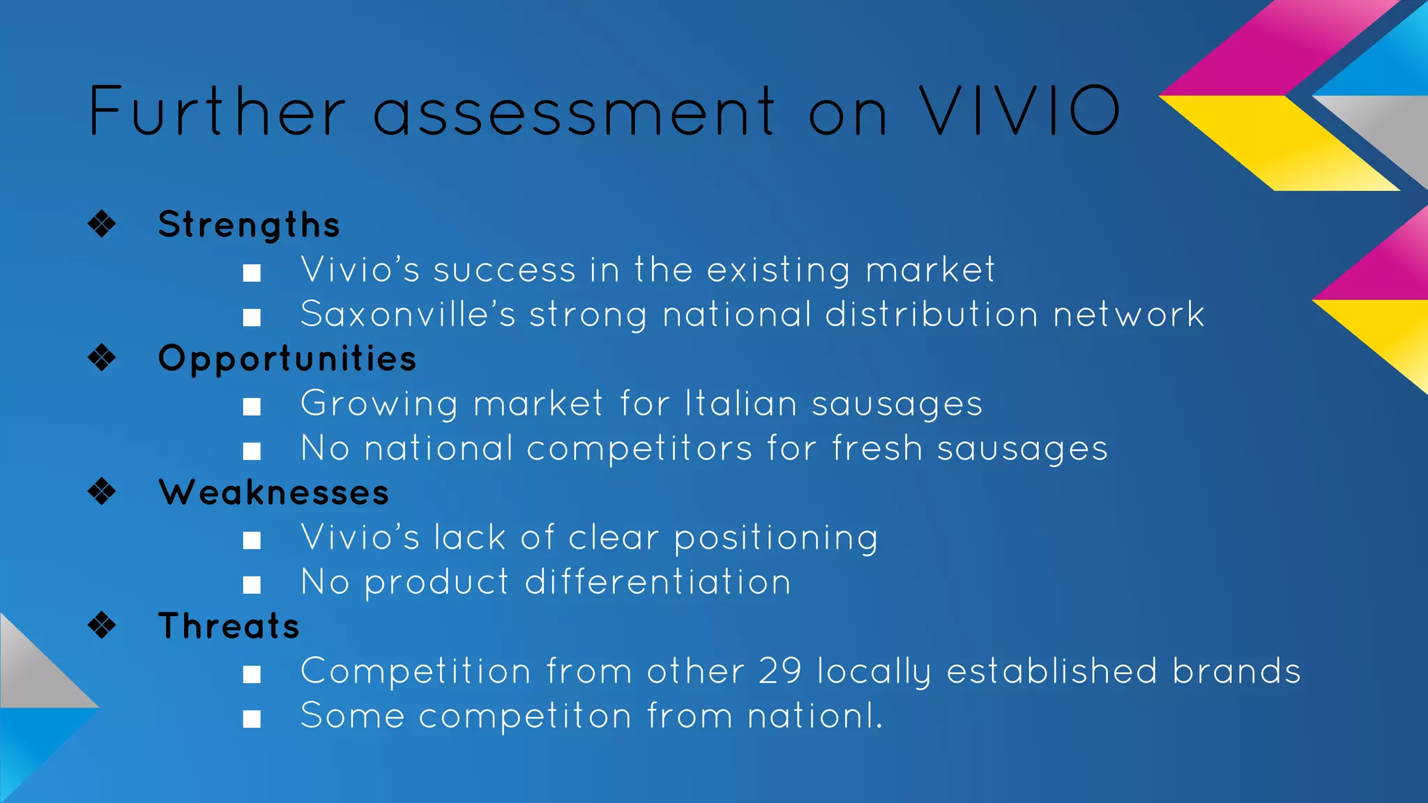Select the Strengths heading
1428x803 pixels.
point(249,224)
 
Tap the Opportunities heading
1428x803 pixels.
point(287,359)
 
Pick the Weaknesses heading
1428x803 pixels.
point(273,493)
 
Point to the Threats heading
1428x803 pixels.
point(229,626)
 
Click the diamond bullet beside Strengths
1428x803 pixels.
point(102,224)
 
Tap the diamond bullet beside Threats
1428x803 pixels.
point(102,625)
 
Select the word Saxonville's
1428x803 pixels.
point(408,314)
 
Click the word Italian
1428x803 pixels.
point(741,404)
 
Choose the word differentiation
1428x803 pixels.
point(658,582)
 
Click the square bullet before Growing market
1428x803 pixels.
point(252,406)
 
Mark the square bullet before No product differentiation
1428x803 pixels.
point(252,585)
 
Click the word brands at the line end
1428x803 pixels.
point(1236,671)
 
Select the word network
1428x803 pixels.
point(1128,314)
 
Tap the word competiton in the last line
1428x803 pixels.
point(525,717)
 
